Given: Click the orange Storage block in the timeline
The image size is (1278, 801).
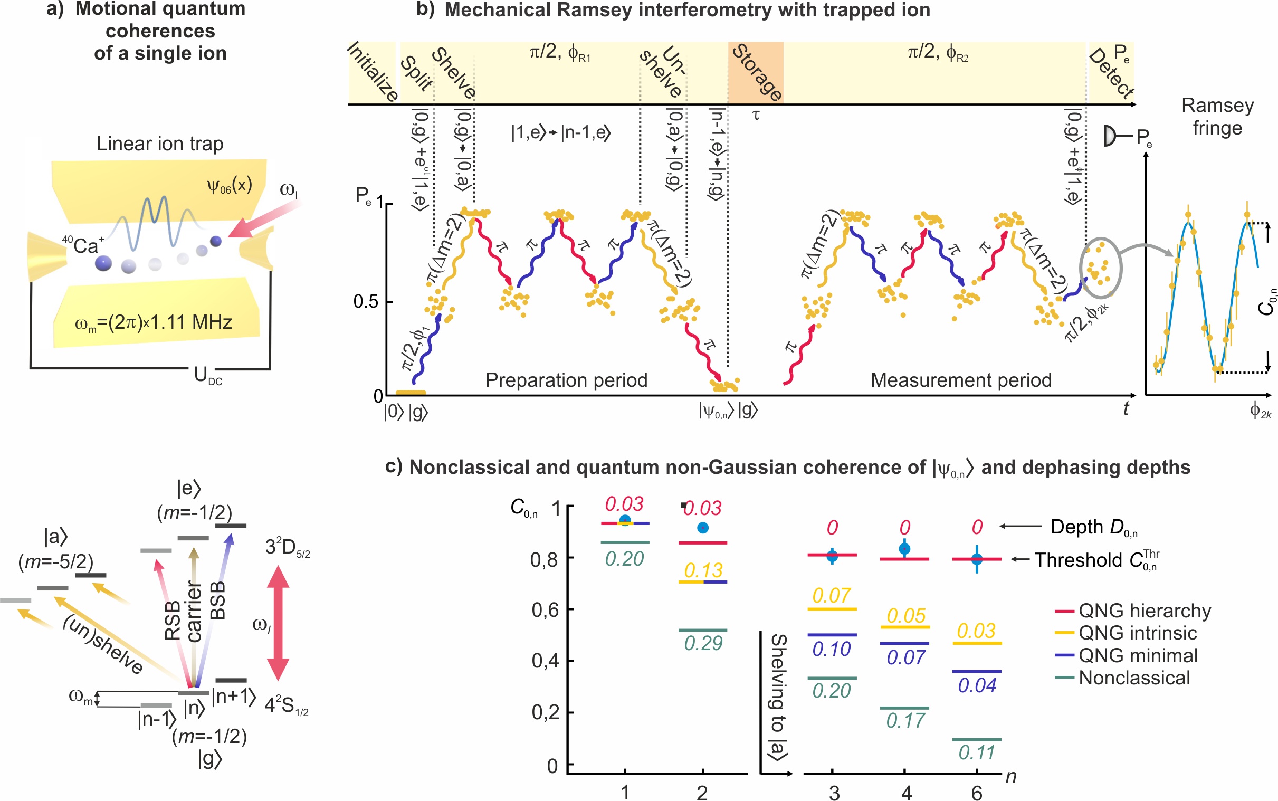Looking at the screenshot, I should click(755, 73).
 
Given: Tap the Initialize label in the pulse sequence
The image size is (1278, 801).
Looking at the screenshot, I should click(373, 72).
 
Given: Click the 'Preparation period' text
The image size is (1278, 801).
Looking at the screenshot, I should click(566, 380).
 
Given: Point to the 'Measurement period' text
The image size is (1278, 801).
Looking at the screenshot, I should click(961, 380).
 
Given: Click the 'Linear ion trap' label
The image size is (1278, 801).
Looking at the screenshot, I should click(160, 144).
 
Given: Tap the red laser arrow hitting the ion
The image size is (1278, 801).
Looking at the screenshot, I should click(265, 220).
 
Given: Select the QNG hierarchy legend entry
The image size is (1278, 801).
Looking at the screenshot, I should click(1144, 611).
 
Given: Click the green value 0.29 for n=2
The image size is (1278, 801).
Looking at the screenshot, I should click(703, 643).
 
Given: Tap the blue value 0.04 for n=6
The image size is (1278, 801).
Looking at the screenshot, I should click(977, 685).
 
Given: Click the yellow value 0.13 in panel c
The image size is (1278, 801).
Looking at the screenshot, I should click(703, 570).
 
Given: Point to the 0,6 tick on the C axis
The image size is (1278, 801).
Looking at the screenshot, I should click(545, 611).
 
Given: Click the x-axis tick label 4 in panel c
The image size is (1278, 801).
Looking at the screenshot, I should click(906, 793).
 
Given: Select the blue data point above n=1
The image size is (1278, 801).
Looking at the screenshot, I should click(625, 520).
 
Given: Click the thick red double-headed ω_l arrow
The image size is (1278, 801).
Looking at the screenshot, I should click(278, 623).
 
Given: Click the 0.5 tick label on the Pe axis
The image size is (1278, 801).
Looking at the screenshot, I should click(366, 302).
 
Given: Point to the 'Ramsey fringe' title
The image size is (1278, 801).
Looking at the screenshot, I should click(1217, 117).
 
